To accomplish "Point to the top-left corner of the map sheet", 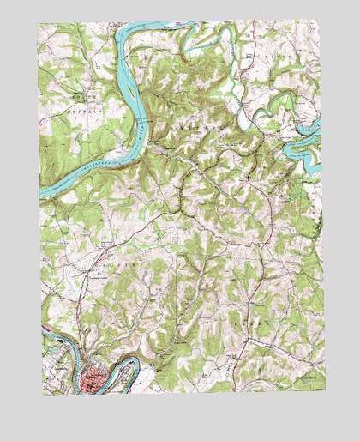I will click(x=39, y=23).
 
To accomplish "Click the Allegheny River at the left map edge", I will click(x=41, y=190).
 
